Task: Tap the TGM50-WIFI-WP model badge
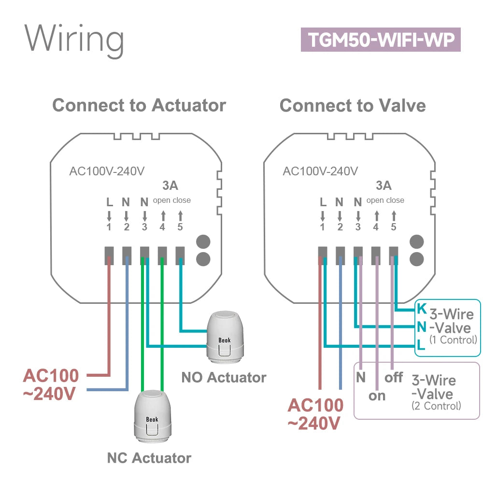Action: pos(381,40)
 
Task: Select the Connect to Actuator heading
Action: pos(139,105)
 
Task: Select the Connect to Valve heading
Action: pos(353,105)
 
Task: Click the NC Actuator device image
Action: pos(152,416)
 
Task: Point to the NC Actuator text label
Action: pos(149,457)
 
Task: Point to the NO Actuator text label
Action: pos(224,377)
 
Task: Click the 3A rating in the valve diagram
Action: pos(384,185)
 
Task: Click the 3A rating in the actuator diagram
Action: pos(170,185)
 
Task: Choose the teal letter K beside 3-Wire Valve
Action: pos(421,308)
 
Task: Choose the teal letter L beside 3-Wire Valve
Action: pos(421,345)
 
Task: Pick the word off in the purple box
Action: pos(394,377)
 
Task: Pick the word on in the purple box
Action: pos(377,396)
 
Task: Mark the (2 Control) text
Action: pos(436,406)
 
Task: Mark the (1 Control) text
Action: pos(453,340)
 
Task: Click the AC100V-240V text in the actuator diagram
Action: pos(107,171)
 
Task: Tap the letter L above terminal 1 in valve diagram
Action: pos(323,202)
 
